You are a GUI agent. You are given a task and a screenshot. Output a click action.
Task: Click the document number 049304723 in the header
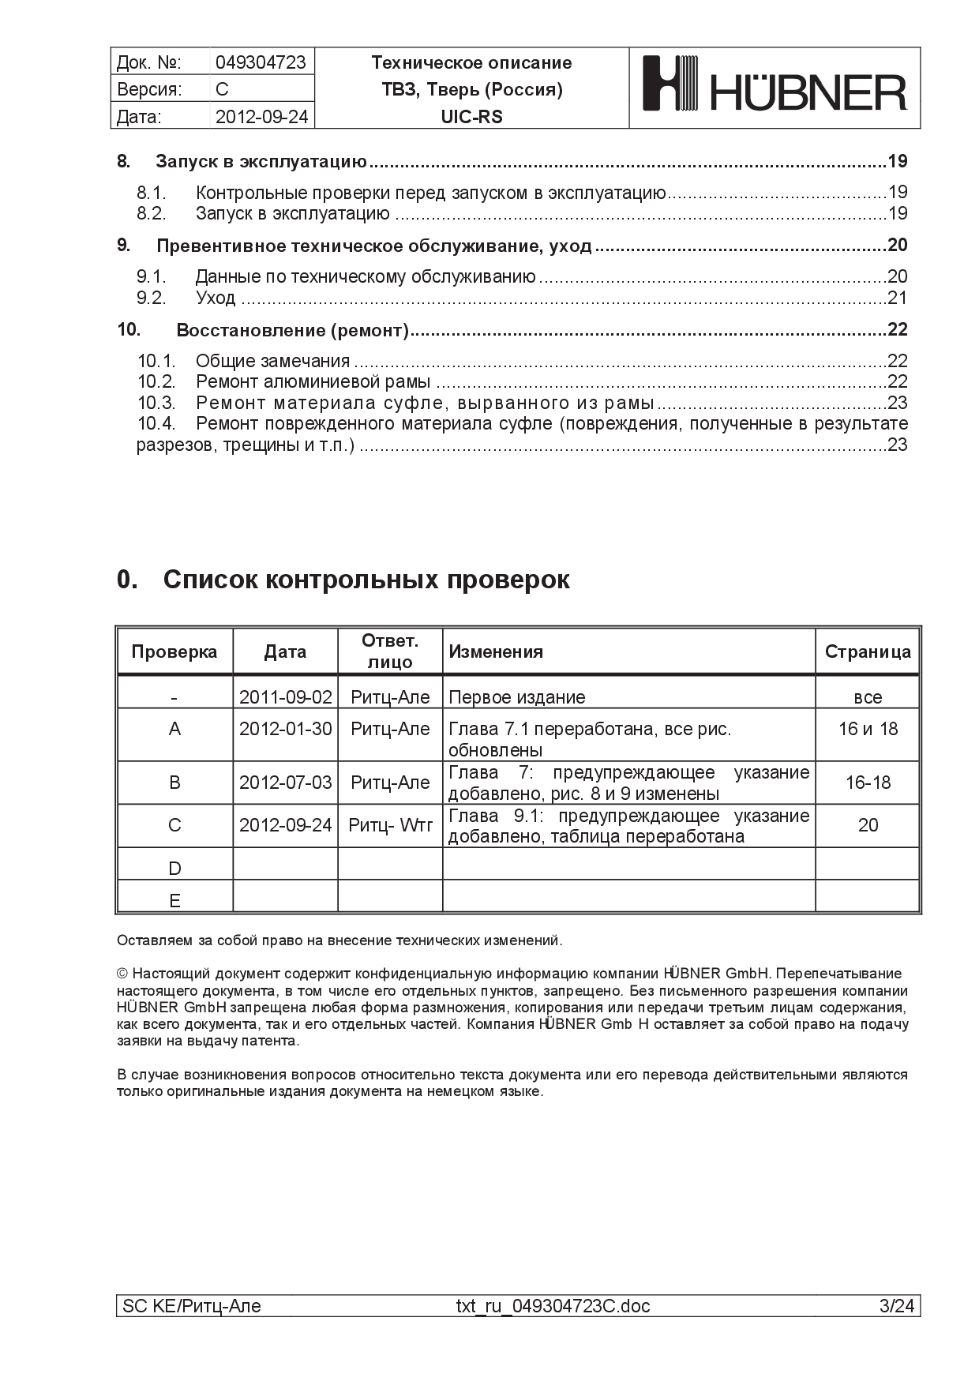coord(261,62)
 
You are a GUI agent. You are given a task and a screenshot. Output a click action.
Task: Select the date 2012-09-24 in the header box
coord(261,117)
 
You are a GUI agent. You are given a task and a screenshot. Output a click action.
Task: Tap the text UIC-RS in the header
coord(471,117)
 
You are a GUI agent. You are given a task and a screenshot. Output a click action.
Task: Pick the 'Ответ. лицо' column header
coord(390,651)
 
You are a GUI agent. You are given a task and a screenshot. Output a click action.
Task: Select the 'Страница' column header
coord(868,652)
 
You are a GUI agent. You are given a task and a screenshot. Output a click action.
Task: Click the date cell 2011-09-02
coord(285,697)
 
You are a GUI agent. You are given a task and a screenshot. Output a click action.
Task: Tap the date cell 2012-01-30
coord(285,729)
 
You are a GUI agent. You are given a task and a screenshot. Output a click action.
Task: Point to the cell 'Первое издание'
coord(517,697)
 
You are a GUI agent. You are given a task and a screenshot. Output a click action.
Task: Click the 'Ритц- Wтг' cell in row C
coord(391,825)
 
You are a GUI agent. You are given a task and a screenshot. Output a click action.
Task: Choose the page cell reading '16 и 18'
coord(868,729)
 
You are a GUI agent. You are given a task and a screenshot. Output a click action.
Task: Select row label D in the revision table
coord(174,869)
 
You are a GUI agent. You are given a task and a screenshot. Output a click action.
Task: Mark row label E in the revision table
coord(174,901)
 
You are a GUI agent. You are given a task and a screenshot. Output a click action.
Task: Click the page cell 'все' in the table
coord(868,697)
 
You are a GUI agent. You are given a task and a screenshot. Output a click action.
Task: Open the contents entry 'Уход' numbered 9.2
coord(216,298)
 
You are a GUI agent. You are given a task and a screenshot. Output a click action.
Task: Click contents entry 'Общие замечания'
coord(272,361)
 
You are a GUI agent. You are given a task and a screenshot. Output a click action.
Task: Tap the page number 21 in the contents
coord(898,298)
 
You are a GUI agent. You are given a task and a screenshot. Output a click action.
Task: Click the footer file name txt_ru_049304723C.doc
coord(553,1306)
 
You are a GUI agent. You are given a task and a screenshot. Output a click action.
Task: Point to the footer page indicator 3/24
coord(897,1306)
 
